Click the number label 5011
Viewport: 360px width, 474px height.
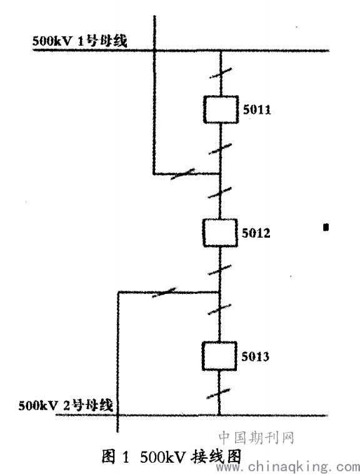257,109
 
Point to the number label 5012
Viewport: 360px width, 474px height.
256,233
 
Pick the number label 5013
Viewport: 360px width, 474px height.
255,356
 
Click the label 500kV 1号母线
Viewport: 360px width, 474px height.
80,41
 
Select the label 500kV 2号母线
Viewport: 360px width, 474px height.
66,405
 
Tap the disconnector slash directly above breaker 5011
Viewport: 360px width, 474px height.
221,73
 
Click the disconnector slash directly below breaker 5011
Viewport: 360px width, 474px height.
220,149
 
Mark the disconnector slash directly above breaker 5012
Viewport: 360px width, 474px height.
220,193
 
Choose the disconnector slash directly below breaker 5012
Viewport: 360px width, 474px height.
219,270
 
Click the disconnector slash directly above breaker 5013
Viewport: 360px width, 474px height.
219,310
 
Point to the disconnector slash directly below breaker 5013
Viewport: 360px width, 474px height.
218,393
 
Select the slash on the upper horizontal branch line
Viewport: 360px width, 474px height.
182,174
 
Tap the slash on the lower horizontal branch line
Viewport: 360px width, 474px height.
164,292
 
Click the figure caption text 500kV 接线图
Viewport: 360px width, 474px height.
191,456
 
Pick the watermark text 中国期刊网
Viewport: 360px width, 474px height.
256,438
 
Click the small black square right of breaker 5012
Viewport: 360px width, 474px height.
326,227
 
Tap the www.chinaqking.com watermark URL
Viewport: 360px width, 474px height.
288,467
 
